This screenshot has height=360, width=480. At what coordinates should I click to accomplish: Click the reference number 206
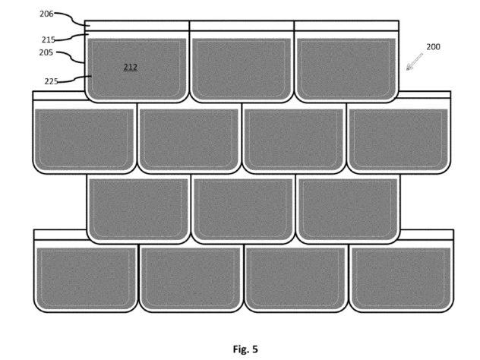click(46, 14)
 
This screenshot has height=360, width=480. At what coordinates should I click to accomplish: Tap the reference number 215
click(49, 39)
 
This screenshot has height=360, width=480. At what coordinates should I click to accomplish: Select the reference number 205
click(46, 52)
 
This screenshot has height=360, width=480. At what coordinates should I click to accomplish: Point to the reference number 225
click(51, 81)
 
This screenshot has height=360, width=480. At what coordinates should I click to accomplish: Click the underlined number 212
click(131, 67)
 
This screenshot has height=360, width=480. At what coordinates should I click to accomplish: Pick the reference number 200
click(433, 47)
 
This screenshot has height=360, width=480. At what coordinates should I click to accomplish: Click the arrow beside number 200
click(415, 62)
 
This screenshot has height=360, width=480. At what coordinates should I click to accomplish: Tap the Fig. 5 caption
click(245, 349)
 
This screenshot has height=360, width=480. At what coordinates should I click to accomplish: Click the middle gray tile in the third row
click(243, 210)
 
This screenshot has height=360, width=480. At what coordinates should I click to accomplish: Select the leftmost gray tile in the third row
click(139, 210)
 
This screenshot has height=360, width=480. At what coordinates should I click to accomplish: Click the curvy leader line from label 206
click(72, 17)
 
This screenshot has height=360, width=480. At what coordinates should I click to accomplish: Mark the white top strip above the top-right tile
click(346, 26)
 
